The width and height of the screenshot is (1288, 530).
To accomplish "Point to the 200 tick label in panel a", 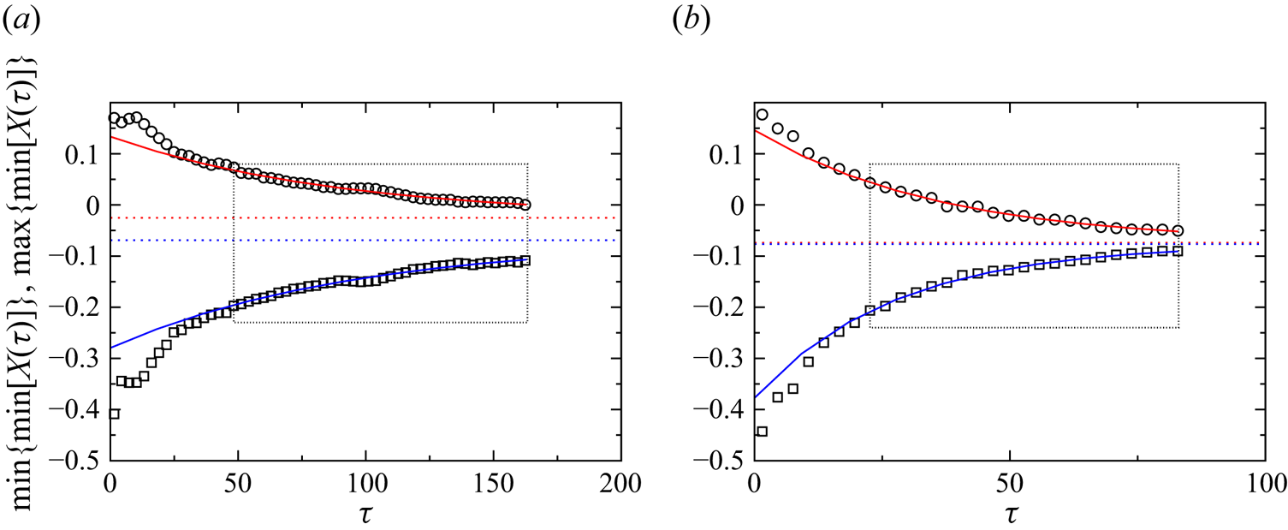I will tap(621, 481).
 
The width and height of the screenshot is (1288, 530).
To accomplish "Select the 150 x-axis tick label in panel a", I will tap(493, 481).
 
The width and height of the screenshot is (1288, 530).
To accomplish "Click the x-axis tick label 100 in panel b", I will tap(1263, 481).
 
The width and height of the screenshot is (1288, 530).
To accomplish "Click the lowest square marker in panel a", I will tap(114, 414).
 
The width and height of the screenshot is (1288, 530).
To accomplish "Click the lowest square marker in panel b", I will tap(762, 431).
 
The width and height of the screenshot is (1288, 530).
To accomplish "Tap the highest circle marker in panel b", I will tap(762, 114).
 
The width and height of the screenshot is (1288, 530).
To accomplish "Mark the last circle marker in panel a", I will tap(525, 205).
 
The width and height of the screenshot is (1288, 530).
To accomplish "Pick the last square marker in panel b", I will tap(1178, 251).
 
